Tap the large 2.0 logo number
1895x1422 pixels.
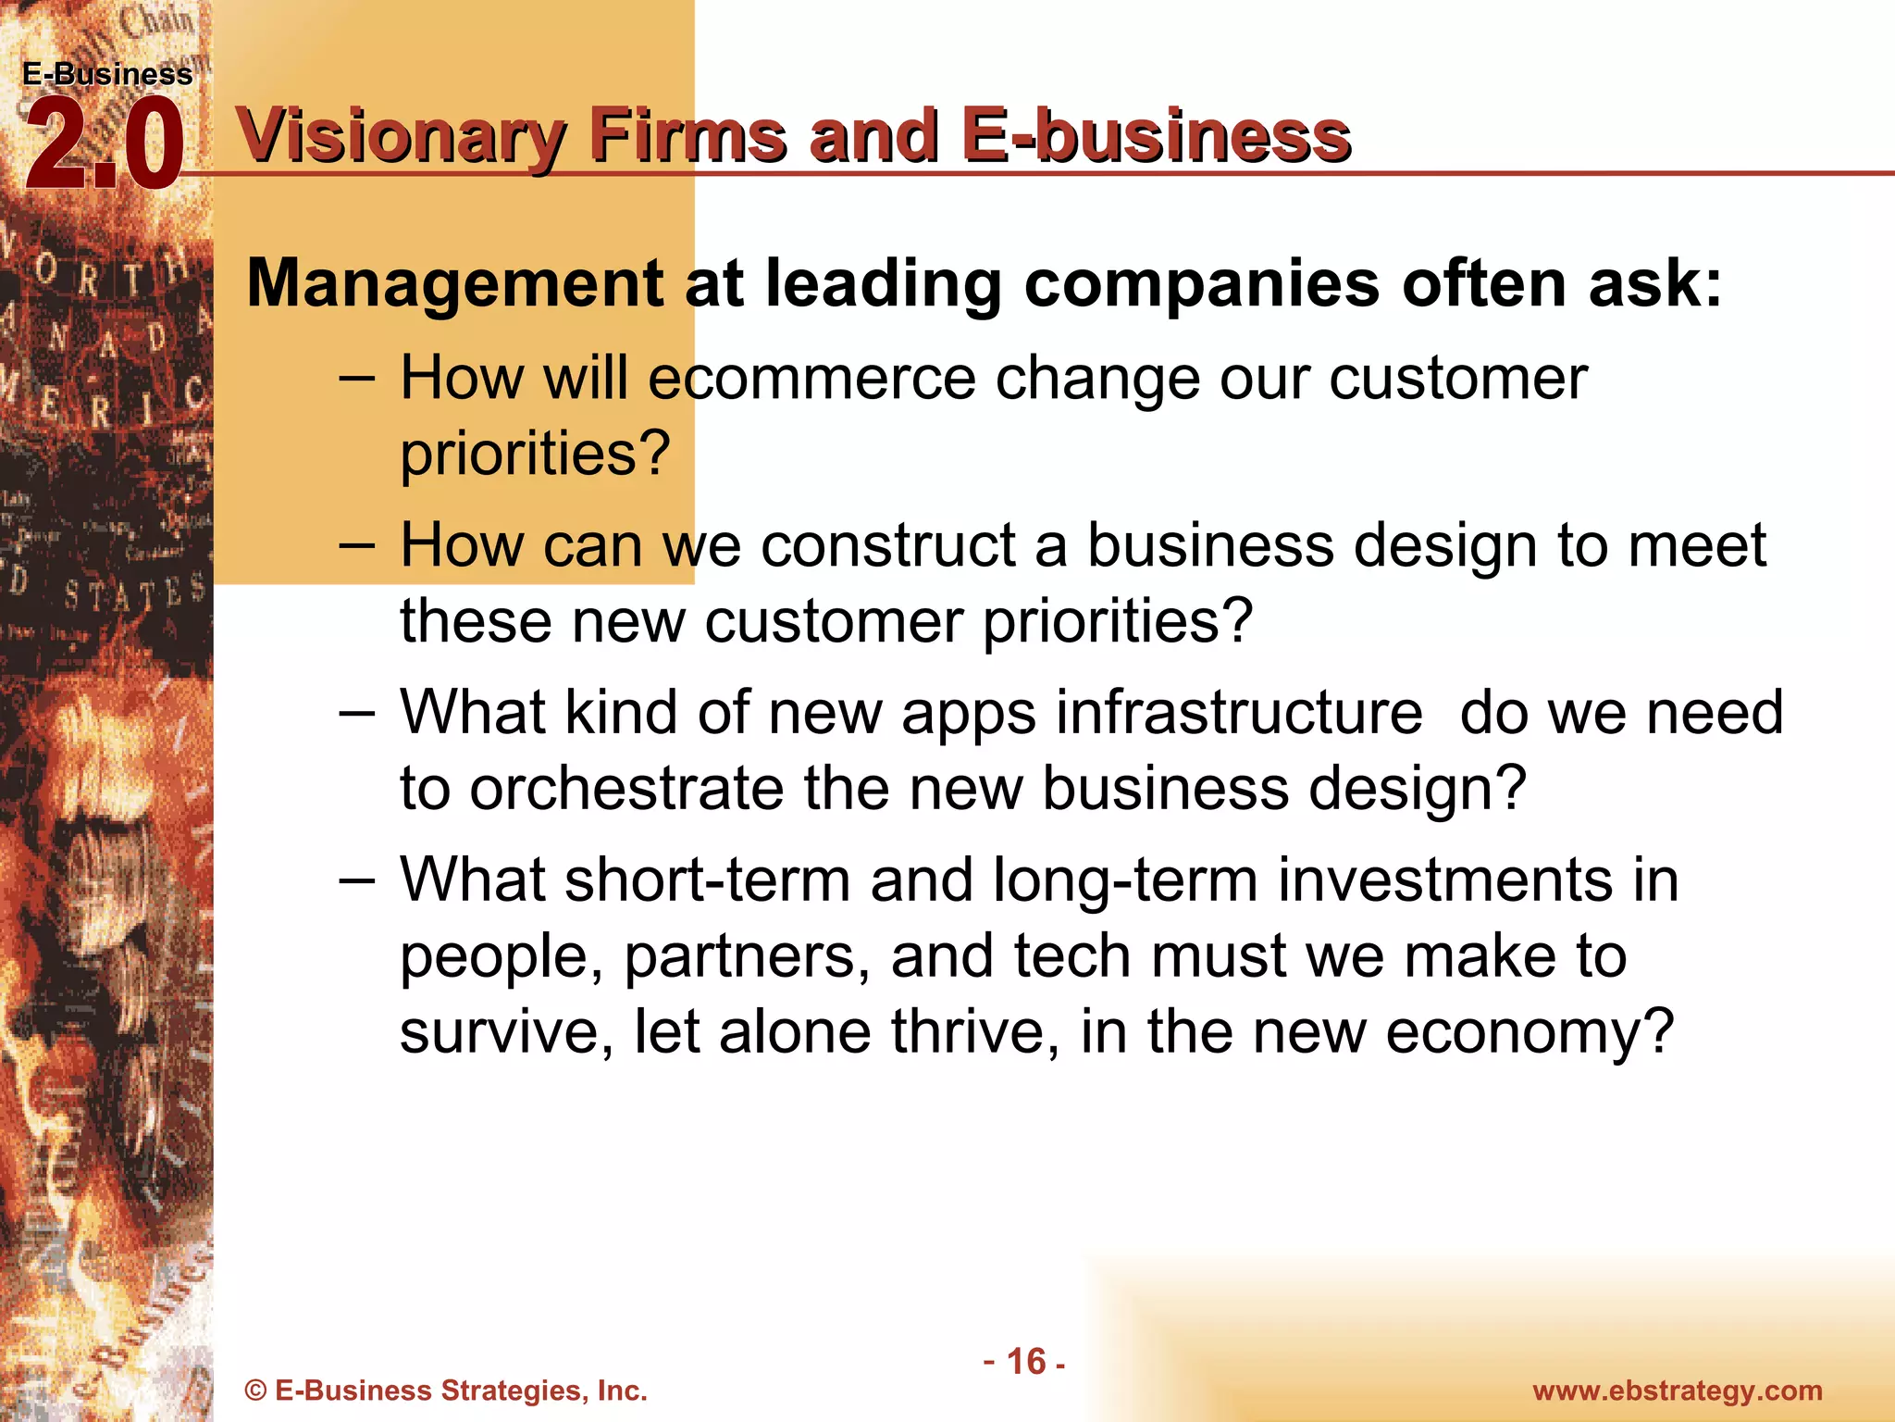click(x=104, y=146)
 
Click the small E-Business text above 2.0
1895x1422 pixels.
click(x=107, y=74)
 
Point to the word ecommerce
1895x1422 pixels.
click(x=811, y=380)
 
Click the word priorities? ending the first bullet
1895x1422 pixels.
click(x=535, y=455)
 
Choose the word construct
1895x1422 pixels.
click(x=888, y=546)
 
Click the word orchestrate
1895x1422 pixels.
click(x=626, y=789)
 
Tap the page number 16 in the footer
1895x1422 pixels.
click(x=1025, y=1362)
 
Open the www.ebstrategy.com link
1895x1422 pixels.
click(x=1678, y=1391)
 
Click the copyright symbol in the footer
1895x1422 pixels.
click(x=256, y=1391)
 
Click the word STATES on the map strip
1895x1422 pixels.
click(x=133, y=592)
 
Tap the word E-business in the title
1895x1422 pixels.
click(x=1155, y=137)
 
